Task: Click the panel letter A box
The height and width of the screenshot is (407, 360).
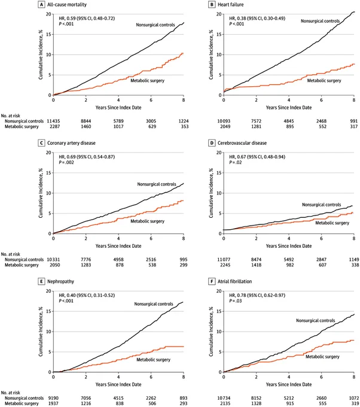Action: click(x=41, y=5)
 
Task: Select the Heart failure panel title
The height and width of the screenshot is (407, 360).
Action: click(x=231, y=5)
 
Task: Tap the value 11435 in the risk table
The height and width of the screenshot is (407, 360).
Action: click(x=53, y=122)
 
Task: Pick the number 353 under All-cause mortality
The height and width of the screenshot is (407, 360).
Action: click(x=185, y=127)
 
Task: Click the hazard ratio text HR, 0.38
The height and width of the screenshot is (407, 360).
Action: click(x=237, y=19)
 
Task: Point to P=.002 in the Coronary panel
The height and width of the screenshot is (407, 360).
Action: click(x=66, y=162)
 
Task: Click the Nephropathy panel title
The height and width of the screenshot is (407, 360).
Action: click(x=60, y=282)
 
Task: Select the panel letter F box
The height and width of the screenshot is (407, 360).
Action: click(x=212, y=282)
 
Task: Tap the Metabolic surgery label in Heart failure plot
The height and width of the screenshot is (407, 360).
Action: click(x=324, y=81)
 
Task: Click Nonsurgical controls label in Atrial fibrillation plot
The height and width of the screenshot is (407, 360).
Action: click(x=315, y=321)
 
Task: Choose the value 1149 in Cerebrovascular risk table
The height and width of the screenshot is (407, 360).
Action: click(x=354, y=260)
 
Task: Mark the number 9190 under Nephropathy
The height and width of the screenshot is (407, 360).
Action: click(x=53, y=398)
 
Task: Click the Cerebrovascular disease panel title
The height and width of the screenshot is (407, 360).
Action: click(x=242, y=143)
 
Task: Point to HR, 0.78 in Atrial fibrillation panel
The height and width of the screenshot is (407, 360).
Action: click(x=237, y=296)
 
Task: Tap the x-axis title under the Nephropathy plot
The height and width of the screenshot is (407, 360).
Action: click(x=118, y=384)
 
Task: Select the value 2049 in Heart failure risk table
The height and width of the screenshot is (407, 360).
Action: click(x=224, y=127)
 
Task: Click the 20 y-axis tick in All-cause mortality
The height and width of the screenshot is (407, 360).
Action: click(x=48, y=14)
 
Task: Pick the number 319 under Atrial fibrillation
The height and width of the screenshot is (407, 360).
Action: click(x=355, y=403)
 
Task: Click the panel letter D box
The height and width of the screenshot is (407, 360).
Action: click(x=212, y=143)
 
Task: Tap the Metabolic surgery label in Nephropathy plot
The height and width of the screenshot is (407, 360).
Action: click(x=153, y=360)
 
